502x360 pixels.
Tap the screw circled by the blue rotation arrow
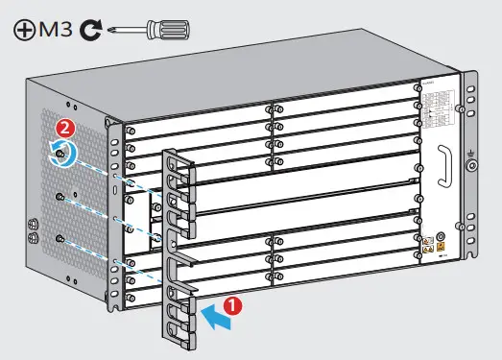pyautogui.click(x=61, y=150)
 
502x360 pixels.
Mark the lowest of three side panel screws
pyautogui.click(x=60, y=237)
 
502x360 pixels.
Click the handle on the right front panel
pyautogui.click(x=444, y=167)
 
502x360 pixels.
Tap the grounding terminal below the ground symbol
pyautogui.click(x=471, y=165)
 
